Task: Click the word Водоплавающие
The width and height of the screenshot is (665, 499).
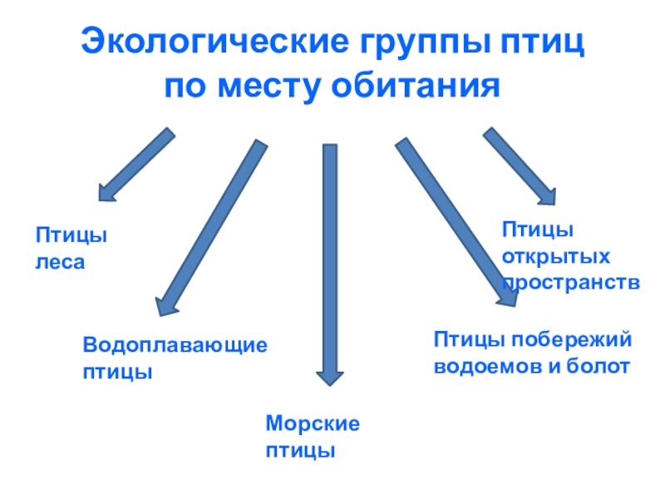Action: [175, 344]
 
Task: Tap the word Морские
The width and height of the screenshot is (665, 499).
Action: [313, 423]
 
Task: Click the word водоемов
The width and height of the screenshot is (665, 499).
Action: [486, 366]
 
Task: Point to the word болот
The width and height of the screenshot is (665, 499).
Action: [598, 366]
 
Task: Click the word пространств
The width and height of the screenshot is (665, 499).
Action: [571, 282]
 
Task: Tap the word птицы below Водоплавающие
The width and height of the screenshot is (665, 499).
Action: [117, 371]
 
